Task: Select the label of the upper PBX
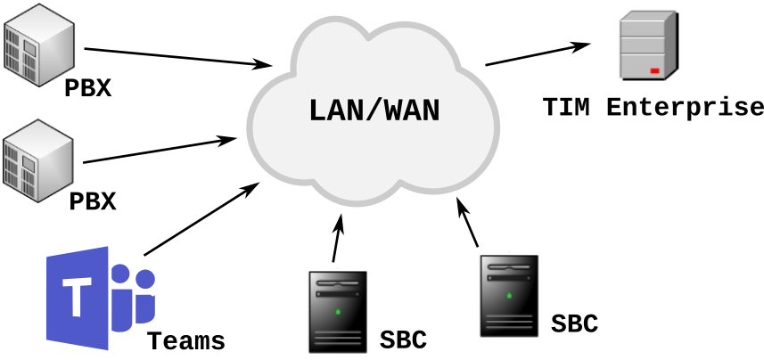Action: pos(87,89)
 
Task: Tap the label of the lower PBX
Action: pos(93,201)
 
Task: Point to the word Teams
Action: pos(185,340)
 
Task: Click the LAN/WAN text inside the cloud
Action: pos(374,111)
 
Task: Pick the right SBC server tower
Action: pos(509,295)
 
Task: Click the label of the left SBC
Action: pos(403,340)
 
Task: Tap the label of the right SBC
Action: pos(573,323)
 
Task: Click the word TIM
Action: pos(567,109)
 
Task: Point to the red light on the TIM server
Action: pos(654,70)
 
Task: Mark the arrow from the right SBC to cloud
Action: pos(467,222)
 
